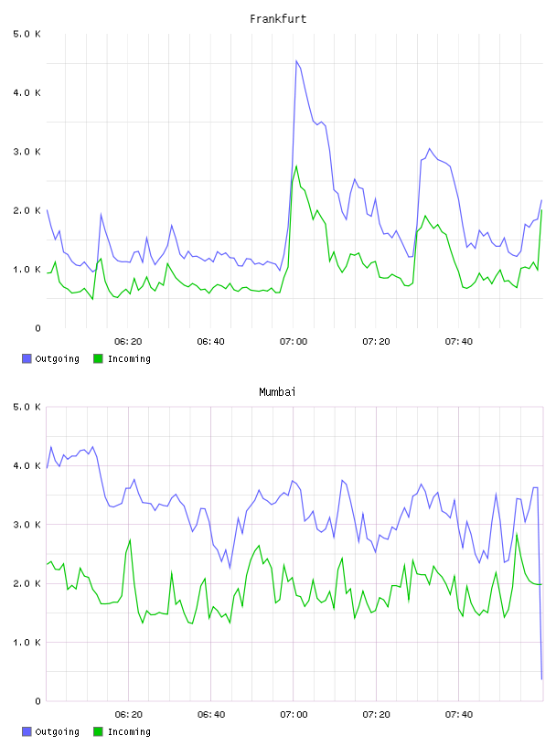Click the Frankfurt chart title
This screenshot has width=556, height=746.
point(278,19)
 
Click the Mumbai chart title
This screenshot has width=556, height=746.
point(277,392)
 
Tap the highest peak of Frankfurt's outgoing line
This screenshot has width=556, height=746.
point(296,61)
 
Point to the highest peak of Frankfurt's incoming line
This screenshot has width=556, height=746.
point(296,166)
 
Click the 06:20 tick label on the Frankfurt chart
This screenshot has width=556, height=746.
point(128,342)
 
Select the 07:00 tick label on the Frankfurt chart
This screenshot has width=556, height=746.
point(294,342)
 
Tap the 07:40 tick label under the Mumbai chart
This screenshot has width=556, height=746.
point(459,715)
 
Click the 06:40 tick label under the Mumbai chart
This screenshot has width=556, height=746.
point(211,715)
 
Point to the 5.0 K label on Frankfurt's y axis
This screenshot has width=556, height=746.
point(27,34)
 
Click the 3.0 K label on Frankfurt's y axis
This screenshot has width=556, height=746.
point(27,152)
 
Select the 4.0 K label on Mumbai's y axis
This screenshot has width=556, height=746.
point(27,465)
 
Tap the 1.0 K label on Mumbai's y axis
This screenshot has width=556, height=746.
point(27,643)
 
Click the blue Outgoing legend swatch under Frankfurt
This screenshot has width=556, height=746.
point(27,358)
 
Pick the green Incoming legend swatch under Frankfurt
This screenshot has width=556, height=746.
point(98,358)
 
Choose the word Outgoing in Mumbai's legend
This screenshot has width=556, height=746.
point(57,731)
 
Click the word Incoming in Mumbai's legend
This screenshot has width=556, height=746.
point(129,731)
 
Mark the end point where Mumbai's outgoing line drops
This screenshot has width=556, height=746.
point(541,679)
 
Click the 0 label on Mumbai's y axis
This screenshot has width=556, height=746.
point(37,701)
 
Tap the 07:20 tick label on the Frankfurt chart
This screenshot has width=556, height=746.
point(376,342)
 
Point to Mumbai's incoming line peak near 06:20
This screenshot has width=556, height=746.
point(130,539)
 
